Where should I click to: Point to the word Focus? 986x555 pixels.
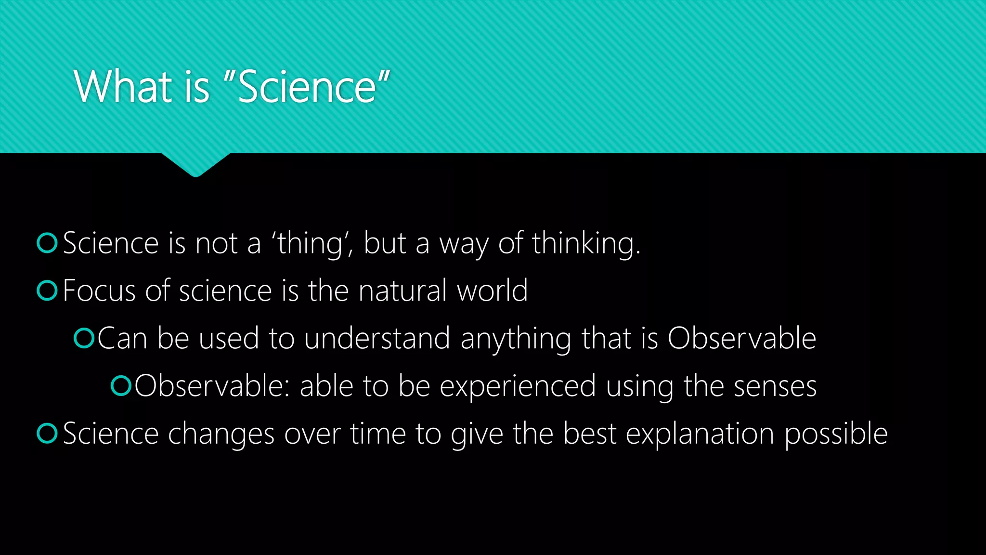point(100,291)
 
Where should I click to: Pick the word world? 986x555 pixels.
point(492,291)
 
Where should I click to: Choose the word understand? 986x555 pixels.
point(377,338)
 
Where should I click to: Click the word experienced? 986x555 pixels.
point(518,386)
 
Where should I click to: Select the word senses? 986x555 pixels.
point(775,386)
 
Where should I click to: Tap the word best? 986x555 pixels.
point(590,433)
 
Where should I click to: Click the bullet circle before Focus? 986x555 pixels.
point(47,291)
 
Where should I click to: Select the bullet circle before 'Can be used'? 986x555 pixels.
point(84,338)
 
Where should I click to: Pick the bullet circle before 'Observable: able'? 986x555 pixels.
point(121,385)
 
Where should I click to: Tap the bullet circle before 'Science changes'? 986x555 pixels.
point(47,433)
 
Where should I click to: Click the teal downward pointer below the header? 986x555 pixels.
point(195,164)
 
